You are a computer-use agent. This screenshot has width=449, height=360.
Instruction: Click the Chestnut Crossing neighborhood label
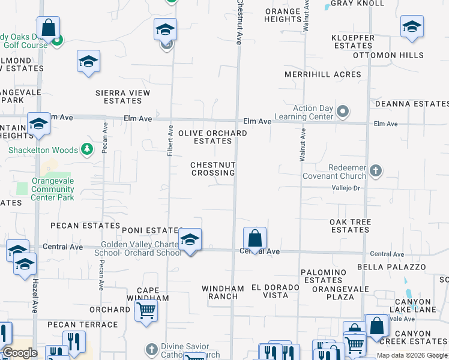212,169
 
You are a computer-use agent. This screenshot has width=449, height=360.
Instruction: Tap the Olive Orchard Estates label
212,137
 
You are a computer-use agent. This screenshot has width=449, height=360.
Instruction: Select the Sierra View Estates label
123,97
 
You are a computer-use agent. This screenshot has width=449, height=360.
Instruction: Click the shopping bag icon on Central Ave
255,238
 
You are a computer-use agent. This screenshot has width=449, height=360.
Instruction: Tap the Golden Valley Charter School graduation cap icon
190,240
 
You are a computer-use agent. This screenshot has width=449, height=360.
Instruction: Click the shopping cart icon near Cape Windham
146,311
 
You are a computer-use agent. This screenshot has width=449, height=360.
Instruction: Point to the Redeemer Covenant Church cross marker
376,170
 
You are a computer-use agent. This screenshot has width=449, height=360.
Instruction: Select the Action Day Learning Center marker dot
343,112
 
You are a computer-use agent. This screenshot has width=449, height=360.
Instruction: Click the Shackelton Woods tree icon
88,150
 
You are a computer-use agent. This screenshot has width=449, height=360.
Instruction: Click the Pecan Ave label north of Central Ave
105,138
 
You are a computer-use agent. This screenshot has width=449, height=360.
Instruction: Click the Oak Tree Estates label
350,226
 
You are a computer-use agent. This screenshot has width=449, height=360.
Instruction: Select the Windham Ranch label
222,292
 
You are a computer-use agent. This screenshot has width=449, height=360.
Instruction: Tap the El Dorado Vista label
275,292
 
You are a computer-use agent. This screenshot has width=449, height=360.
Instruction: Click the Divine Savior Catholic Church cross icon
151,349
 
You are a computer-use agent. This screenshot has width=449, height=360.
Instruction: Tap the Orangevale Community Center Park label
53,189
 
